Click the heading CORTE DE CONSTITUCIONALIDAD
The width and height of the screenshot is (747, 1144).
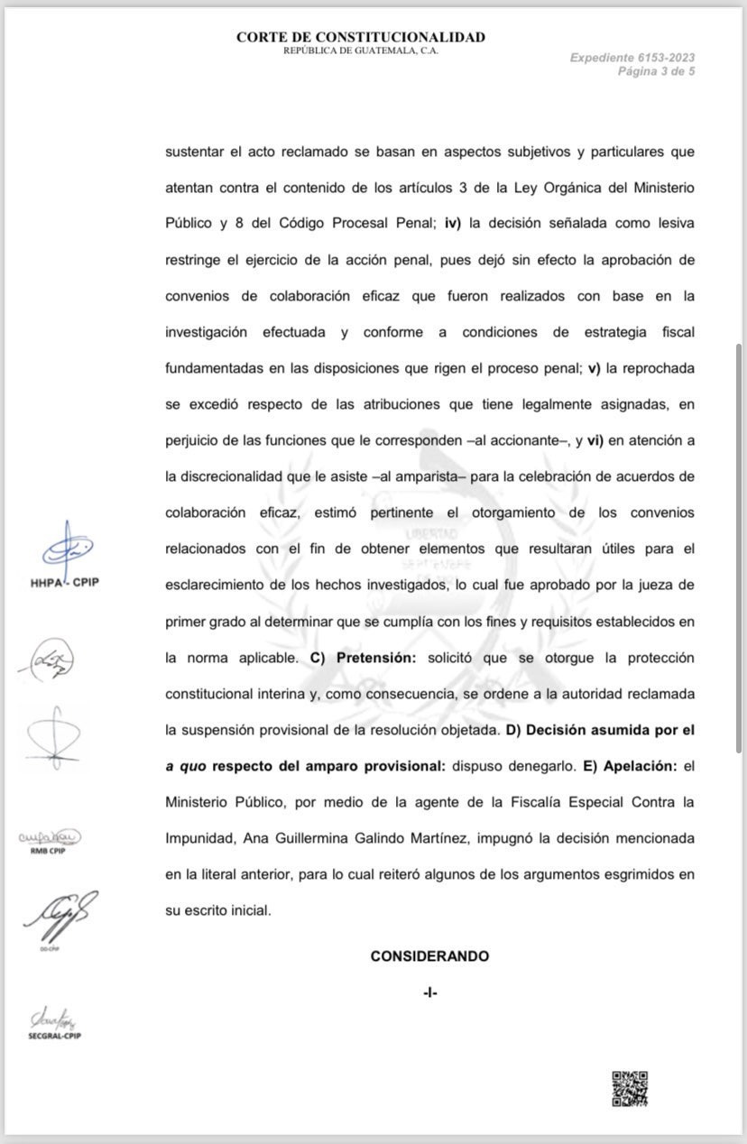coord(361,37)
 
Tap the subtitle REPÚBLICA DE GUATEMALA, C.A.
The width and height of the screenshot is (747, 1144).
coord(361,51)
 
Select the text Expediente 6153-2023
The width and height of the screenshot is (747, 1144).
coord(632,58)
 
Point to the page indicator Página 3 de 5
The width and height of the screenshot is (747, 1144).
coord(656,71)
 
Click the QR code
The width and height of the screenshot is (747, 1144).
coord(631,1088)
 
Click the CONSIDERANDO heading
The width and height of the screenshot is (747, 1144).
coord(429,956)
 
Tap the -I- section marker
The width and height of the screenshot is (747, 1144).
coord(429,992)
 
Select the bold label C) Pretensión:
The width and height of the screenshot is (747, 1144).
coord(364,658)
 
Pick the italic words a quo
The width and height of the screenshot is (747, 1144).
coord(182,766)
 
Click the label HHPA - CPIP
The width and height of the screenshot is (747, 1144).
coord(65,582)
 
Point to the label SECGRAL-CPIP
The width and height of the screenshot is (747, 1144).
coord(55,1036)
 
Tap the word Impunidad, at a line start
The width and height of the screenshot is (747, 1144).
coord(201,838)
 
